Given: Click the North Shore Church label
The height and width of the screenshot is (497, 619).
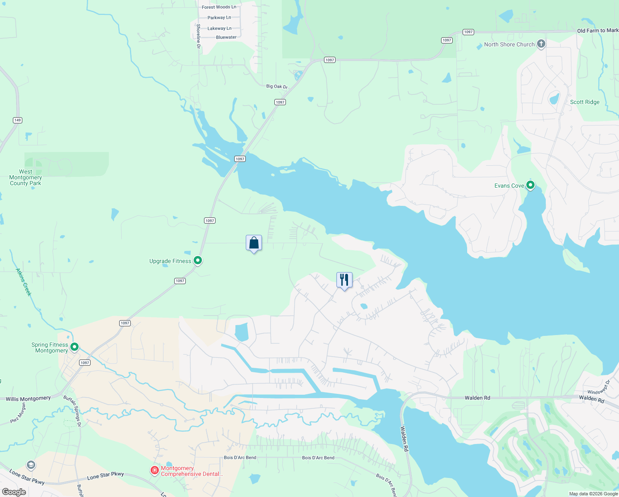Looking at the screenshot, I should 509,45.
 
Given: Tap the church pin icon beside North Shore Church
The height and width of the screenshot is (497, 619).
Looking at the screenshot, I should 541,44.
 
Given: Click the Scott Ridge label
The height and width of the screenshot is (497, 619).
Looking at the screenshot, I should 585,102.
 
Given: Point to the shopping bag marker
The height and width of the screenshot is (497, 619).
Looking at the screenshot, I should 254,243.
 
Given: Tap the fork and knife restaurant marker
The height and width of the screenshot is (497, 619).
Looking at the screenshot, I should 344,280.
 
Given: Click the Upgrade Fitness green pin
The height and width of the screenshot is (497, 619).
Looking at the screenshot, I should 198,261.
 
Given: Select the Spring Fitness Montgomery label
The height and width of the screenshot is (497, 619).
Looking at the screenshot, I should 50,347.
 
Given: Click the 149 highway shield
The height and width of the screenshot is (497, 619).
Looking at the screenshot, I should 17,120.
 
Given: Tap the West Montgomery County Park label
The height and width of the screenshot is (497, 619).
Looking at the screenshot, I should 26,177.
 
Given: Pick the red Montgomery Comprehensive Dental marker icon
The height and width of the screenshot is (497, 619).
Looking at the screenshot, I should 155,470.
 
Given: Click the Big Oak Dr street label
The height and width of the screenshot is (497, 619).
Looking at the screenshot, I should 277,87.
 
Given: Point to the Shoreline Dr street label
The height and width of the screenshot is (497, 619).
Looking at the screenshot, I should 198,36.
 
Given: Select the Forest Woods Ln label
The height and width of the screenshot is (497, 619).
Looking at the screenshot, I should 219,7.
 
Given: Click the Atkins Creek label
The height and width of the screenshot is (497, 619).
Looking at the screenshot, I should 24,282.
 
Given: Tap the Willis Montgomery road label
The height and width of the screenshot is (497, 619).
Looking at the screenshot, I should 28,399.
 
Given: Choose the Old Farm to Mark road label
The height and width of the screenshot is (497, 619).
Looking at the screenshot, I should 597,31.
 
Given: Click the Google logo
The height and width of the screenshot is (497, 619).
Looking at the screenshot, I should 14,492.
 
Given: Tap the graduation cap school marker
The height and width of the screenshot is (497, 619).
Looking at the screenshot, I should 31,465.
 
